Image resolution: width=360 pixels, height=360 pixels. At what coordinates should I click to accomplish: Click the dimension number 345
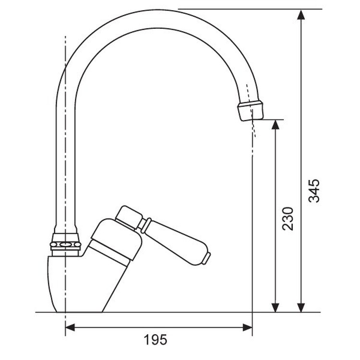313,191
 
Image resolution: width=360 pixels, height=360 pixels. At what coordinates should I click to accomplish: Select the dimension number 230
288,219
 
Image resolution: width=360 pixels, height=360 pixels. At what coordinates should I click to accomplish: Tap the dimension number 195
156,339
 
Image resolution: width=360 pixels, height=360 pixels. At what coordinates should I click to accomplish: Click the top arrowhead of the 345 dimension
301,15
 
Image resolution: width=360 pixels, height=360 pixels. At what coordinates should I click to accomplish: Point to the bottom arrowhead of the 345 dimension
301,307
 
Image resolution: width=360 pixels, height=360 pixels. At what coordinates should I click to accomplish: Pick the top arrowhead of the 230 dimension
275,125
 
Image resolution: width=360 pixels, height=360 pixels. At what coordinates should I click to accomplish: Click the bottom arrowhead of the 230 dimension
275,307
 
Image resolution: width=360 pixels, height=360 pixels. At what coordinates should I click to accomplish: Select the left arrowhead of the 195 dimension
70,328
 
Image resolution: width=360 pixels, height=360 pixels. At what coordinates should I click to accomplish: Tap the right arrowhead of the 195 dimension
247,328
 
